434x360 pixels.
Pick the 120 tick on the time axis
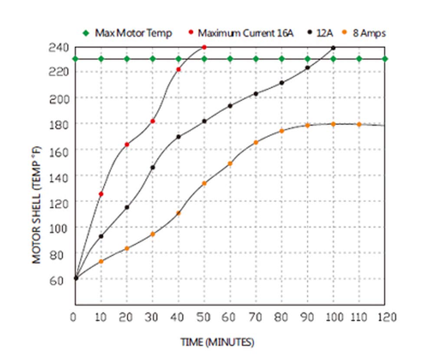pyautogui.click(x=385, y=317)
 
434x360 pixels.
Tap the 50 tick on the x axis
pyautogui.click(x=204, y=317)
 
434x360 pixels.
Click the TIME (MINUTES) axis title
pyautogui.click(x=217, y=342)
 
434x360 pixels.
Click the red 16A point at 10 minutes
pyautogui.click(x=101, y=194)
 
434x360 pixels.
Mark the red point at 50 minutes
pyautogui.click(x=204, y=47)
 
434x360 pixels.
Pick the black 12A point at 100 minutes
pyautogui.click(x=333, y=48)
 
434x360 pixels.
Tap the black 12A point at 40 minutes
pyautogui.click(x=178, y=137)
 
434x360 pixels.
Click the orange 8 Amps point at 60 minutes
pyautogui.click(x=230, y=164)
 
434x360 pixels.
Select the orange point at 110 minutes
pyautogui.click(x=359, y=124)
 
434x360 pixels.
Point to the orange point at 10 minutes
pyautogui.click(x=101, y=262)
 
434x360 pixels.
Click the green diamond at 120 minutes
pyautogui.click(x=385, y=59)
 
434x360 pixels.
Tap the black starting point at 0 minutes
pyautogui.click(x=76, y=278)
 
